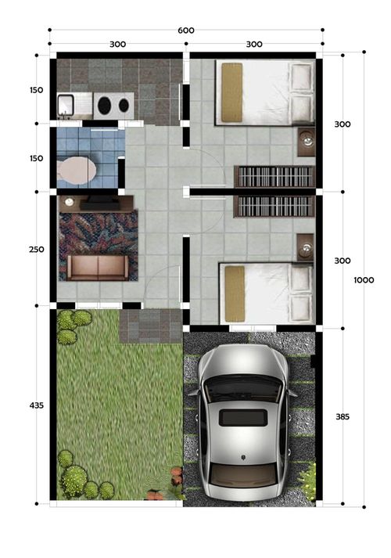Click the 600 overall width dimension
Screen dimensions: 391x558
click(186, 31)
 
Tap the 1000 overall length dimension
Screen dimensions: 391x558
click(364, 280)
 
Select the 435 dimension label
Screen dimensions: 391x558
click(37, 405)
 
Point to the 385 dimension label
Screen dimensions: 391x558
click(343, 416)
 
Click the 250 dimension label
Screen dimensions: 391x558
click(37, 250)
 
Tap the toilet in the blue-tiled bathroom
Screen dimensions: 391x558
click(77, 171)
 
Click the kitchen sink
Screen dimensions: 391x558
click(66, 105)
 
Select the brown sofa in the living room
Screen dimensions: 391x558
click(98, 267)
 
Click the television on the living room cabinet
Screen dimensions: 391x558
click(100, 203)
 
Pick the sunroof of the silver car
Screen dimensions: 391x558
click(243, 418)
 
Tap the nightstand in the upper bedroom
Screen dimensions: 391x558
click(306, 142)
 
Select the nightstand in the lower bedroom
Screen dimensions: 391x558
click(305, 247)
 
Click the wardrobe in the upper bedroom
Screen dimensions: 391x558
click(274, 177)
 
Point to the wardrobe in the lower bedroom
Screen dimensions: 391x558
click(274, 206)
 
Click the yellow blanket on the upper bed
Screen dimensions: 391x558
click(231, 92)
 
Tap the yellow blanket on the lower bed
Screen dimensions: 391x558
click(235, 293)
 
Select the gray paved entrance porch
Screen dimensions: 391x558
click(151, 326)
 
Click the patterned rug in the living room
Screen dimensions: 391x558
click(99, 246)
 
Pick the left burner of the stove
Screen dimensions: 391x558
click(104, 106)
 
